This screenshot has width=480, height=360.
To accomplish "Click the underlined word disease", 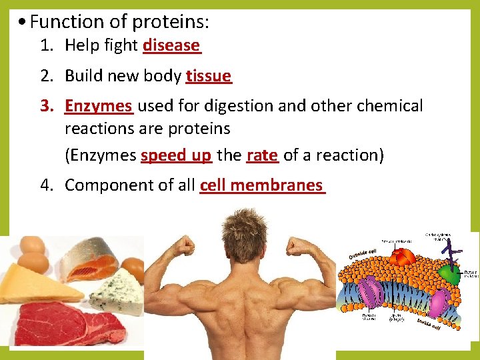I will pyautogui.click(x=171, y=45).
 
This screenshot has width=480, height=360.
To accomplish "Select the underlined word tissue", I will pyautogui.click(x=209, y=76).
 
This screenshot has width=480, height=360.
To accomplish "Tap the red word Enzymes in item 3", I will pyautogui.click(x=99, y=106).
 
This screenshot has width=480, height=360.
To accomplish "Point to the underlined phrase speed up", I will pyautogui.click(x=176, y=155).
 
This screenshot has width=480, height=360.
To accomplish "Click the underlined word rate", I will pyautogui.click(x=262, y=155).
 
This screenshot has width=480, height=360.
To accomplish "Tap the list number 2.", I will pyautogui.click(x=45, y=76).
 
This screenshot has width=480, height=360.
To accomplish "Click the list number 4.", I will pyautogui.click(x=45, y=185).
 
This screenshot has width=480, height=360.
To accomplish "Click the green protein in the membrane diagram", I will pyautogui.click(x=451, y=274).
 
